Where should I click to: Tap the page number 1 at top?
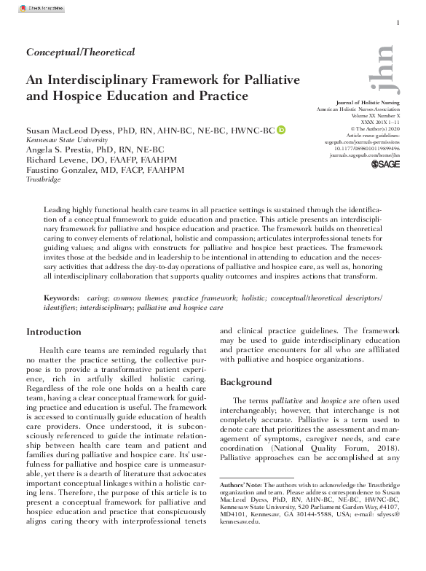point(398,23)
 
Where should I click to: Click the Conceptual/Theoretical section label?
point(80,52)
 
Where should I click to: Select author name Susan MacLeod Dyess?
point(76,131)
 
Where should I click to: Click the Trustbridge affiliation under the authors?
point(43,178)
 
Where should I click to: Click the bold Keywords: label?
point(61,298)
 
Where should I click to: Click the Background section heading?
point(247,382)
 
